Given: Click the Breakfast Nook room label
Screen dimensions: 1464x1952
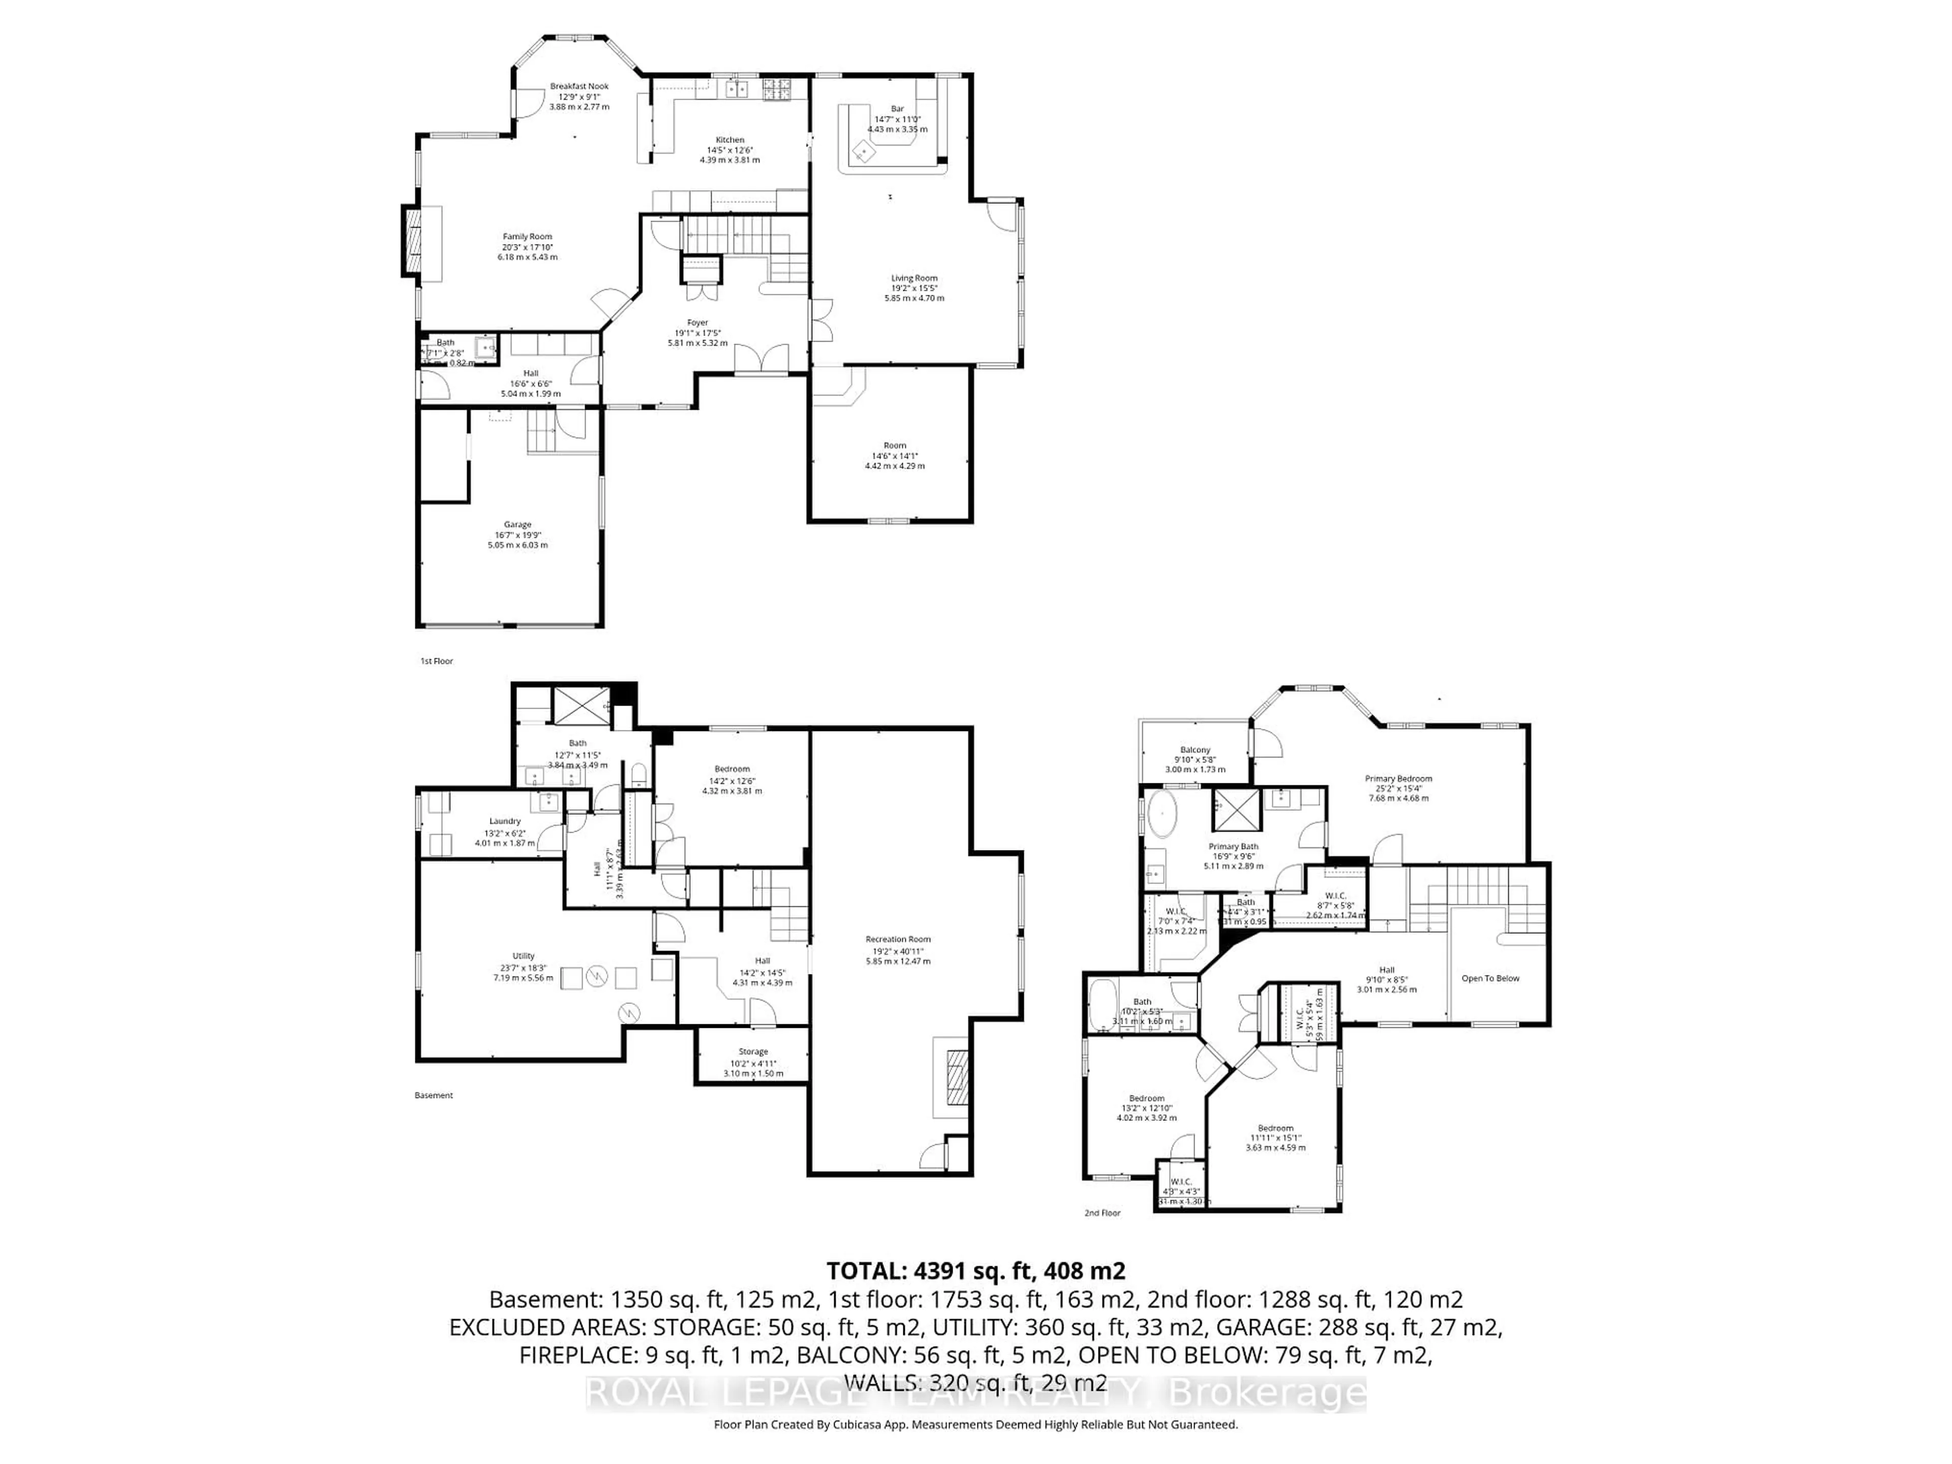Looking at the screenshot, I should tap(579, 86).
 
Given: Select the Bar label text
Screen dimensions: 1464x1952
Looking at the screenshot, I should tap(897, 109).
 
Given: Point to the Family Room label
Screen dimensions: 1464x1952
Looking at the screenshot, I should tap(528, 236).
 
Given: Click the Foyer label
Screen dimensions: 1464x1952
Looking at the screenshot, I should tap(697, 323).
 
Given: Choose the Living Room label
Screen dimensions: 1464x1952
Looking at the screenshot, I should tap(914, 278).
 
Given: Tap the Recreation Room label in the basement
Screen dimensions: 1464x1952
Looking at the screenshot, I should tap(897, 939).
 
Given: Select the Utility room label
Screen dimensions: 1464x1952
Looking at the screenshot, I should tap(523, 956).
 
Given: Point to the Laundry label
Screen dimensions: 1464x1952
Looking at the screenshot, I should tap(505, 820).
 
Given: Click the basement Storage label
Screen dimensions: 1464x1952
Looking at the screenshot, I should tap(753, 1052).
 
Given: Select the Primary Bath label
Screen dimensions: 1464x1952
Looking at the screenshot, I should tap(1233, 846).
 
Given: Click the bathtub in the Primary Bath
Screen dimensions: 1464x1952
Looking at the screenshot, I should tap(1162, 814).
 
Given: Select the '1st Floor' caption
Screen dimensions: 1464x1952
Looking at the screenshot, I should tap(436, 661).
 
